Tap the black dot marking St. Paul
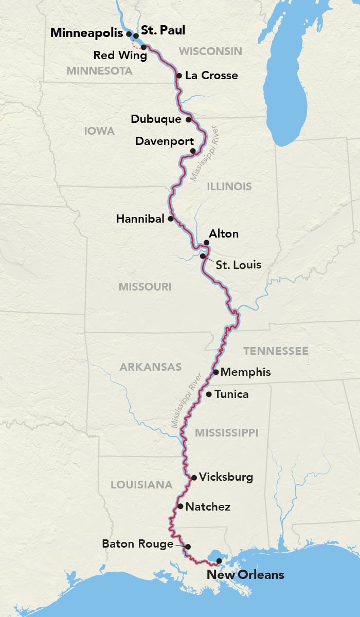[x=136, y=36]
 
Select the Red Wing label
[x=120, y=55]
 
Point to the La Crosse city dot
[x=179, y=76]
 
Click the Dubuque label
[x=156, y=119]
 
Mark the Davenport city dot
[x=193, y=151]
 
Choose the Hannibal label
[x=140, y=219]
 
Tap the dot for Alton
[x=207, y=242]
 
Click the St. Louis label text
[x=238, y=265]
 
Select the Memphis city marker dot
[x=216, y=372]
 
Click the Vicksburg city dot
[x=194, y=478]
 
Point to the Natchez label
[x=208, y=507]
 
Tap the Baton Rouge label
[x=137, y=543]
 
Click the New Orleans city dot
[x=219, y=561]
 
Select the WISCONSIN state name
[x=210, y=51]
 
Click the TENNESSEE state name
[x=276, y=351]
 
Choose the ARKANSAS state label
[x=151, y=367]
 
